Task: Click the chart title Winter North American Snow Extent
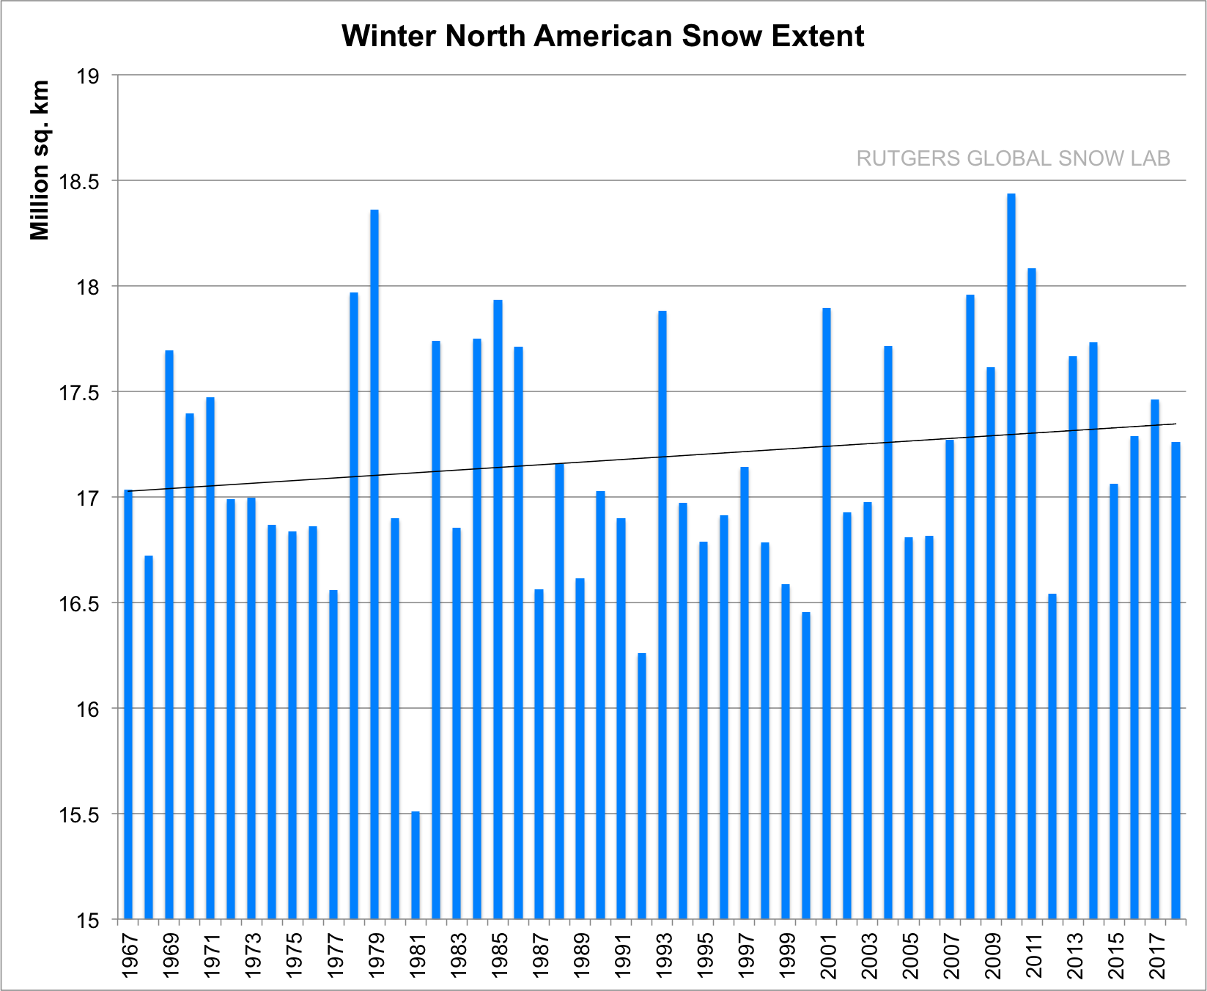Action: pyautogui.click(x=602, y=36)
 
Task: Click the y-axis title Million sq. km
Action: pyautogui.click(x=40, y=160)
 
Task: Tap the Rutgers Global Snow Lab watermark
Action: pyautogui.click(x=1013, y=158)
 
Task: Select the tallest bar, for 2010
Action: pyautogui.click(x=1011, y=557)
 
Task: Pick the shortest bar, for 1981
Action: pyautogui.click(x=416, y=865)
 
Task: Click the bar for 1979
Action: pyautogui.click(x=374, y=564)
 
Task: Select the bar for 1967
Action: pyautogui.click(x=128, y=704)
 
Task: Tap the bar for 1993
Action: pyautogui.click(x=662, y=616)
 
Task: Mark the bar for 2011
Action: pyautogui.click(x=1032, y=594)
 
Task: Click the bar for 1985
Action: pyautogui.click(x=498, y=608)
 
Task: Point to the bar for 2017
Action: pyautogui.click(x=1155, y=660)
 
